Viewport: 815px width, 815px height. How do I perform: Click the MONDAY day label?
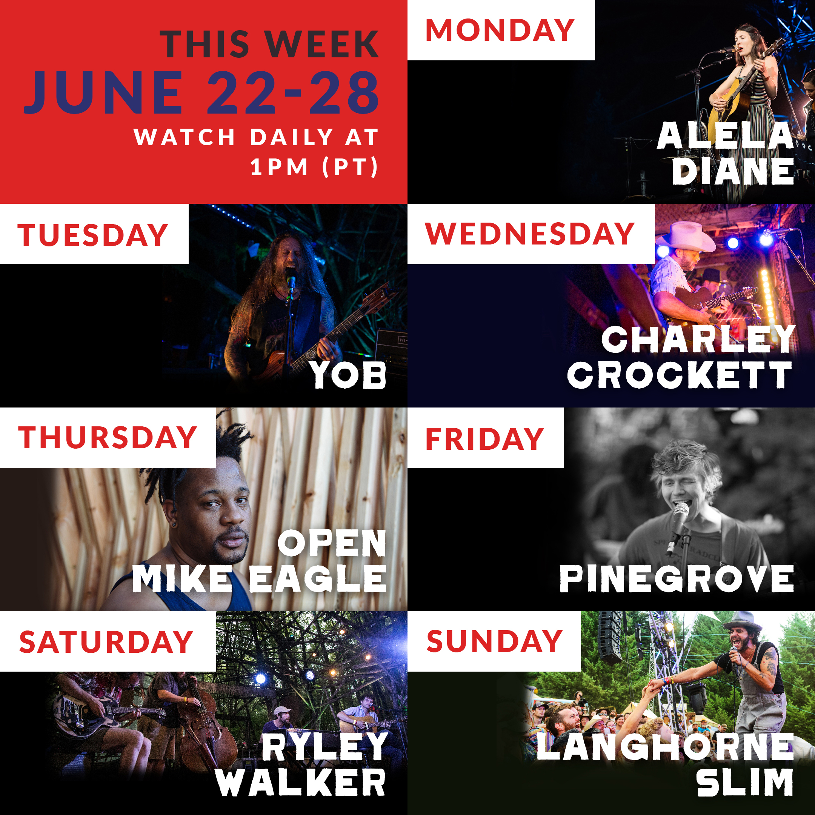click(500, 30)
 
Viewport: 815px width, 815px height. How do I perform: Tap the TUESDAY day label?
click(93, 235)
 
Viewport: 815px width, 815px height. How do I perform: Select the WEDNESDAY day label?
click(530, 233)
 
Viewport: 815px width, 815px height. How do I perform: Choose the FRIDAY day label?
click(485, 439)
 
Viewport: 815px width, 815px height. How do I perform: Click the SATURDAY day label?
click(106, 642)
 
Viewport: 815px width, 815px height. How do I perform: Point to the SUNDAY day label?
click(494, 641)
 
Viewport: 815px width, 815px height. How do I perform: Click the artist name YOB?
click(348, 374)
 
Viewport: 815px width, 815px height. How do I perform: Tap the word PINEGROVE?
click(677, 578)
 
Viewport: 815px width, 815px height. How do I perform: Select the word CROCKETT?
click(680, 374)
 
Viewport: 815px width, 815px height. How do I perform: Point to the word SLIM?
click(745, 783)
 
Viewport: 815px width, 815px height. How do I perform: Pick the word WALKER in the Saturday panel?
click(301, 783)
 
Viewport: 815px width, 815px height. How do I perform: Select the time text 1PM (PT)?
click(314, 167)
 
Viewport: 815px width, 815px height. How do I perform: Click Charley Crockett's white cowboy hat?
click(687, 237)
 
